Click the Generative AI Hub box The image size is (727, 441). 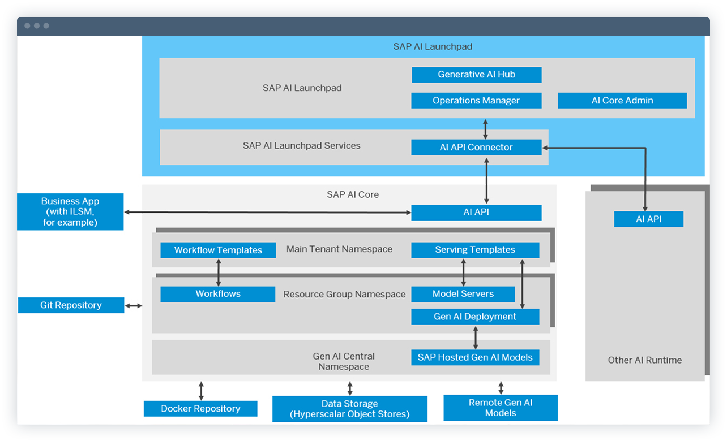[x=476, y=75]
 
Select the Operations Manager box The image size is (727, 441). [x=476, y=101]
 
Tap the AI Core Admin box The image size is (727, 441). [x=622, y=101]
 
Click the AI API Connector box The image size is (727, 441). [x=476, y=148]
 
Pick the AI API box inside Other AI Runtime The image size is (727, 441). [x=648, y=219]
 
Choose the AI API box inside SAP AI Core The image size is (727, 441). [x=476, y=213]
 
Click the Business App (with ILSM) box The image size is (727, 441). [x=70, y=212]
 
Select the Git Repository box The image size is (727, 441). [x=71, y=305]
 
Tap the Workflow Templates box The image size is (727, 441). [x=218, y=250]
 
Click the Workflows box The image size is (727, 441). [x=218, y=294]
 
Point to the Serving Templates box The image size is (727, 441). [x=475, y=250]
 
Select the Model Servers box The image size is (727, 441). [x=463, y=294]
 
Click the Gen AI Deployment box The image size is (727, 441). [x=475, y=317]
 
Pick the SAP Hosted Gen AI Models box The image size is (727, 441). [x=475, y=357]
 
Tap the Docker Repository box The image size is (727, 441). [x=200, y=409]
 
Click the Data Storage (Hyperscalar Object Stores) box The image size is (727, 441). [x=349, y=409]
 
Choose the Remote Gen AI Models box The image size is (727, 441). [x=501, y=408]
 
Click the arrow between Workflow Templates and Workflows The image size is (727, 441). [x=219, y=272]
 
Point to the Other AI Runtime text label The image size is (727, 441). [x=644, y=360]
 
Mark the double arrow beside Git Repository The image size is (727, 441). [x=134, y=306]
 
